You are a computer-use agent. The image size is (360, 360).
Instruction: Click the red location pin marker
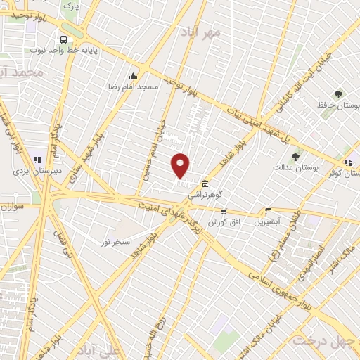point(181,165)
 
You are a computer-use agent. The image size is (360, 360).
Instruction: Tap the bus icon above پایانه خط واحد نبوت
point(64,39)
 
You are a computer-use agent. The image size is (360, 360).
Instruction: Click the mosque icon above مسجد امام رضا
point(133,76)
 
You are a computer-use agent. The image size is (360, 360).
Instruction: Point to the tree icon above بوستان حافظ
point(339,94)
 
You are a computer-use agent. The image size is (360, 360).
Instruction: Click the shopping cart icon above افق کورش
point(224,211)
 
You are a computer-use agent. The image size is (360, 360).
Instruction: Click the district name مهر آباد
point(205,32)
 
